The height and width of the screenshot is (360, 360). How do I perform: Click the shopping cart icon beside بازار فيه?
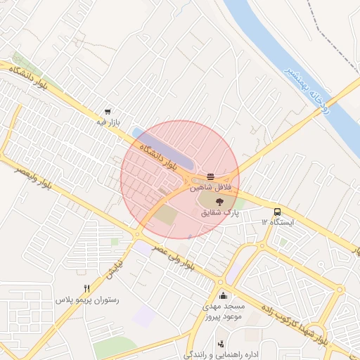click(107, 111)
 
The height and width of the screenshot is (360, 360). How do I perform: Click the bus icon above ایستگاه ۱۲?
click(276, 211)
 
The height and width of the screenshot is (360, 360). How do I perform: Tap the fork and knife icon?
click(87, 288)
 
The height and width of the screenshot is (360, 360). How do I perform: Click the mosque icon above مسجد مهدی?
click(224, 295)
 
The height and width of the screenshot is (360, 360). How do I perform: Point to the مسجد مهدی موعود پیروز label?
click(224, 313)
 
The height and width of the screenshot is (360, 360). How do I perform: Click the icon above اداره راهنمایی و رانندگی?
click(221, 344)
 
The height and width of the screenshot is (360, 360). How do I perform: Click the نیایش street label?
click(113, 265)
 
